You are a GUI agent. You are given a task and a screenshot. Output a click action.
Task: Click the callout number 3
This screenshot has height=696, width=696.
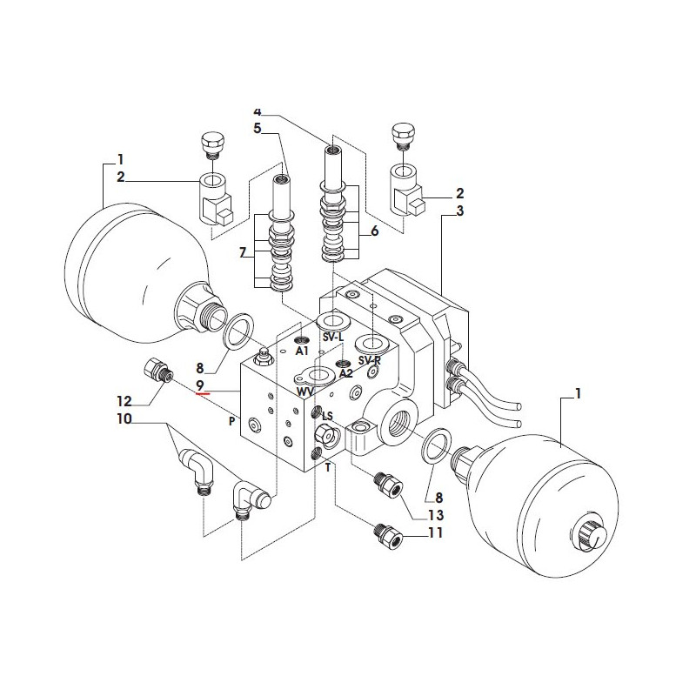[460, 211]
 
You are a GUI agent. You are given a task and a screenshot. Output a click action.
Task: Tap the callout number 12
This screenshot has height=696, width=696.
[124, 402]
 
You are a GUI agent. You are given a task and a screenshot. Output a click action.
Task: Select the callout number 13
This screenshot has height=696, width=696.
[436, 515]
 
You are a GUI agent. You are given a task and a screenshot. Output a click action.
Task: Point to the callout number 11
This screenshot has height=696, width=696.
[436, 532]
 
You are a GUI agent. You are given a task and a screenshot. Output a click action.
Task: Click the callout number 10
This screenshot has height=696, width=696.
[124, 418]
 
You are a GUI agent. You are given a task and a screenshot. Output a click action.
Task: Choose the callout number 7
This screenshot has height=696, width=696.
[243, 253]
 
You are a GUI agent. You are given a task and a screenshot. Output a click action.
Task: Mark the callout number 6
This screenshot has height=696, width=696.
[375, 231]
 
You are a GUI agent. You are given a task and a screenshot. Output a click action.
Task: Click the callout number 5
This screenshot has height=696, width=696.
[258, 128]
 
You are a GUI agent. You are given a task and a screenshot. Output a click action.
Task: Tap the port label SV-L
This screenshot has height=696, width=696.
[333, 338]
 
